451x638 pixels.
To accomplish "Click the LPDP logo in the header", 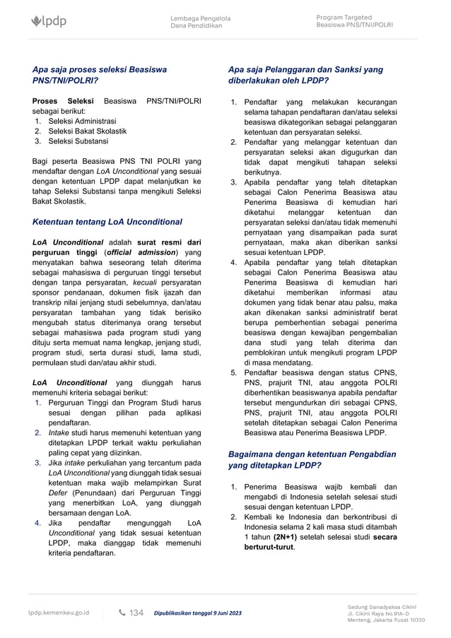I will click(49, 22).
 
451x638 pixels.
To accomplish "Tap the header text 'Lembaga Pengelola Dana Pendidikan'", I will click(200, 22).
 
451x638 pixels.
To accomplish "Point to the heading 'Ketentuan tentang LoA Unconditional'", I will click(107, 222).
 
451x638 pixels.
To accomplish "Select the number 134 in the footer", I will click(136, 613).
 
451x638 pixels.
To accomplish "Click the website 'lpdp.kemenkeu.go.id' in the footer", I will click(59, 613).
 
